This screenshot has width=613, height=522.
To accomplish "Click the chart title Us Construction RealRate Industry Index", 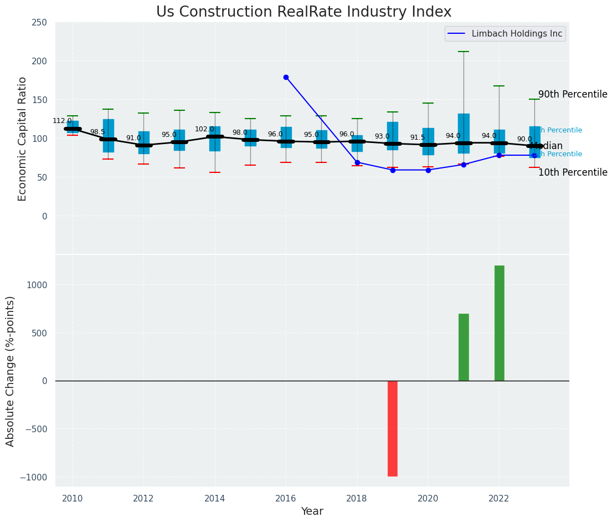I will tap(303, 12).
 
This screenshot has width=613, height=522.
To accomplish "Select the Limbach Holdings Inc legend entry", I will tap(516, 34).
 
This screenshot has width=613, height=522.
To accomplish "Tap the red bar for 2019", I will tap(393, 428).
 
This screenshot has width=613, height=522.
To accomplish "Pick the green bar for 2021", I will tap(463, 347).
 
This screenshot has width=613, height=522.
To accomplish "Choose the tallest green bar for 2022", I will tap(499, 323).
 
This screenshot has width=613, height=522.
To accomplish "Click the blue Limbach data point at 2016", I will tap(286, 78).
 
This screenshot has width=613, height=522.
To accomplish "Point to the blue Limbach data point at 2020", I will tap(428, 170).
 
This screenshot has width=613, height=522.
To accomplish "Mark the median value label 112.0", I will tap(62, 121).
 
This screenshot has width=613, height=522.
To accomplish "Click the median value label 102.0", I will tap(204, 129).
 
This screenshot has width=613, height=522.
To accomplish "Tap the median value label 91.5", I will tap(418, 137).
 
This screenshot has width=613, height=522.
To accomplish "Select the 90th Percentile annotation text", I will tap(573, 95).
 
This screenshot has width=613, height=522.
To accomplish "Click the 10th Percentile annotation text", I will tap(573, 173).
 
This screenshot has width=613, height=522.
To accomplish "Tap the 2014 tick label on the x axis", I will tap(215, 499).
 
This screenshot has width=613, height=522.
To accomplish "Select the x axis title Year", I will tap(312, 511).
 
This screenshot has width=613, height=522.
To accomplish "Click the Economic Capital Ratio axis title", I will tap(23, 139).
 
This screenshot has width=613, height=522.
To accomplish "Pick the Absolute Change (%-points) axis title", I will tap(11, 371).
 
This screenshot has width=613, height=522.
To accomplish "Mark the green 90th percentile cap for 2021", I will tap(463, 52).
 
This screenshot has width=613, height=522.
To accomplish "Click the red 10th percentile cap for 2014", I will tap(215, 172).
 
